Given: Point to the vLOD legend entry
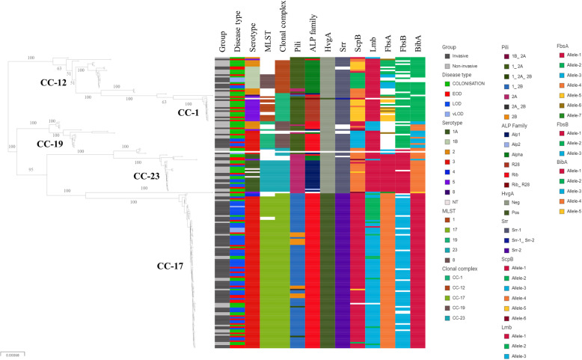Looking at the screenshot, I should click(462, 122).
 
